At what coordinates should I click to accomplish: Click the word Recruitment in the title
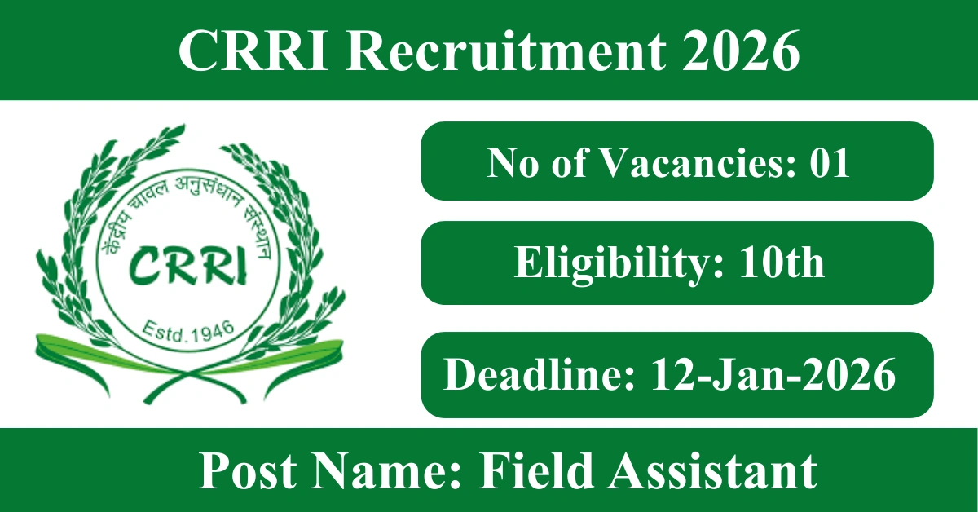tap(506, 51)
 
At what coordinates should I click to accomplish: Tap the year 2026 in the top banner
tap(741, 51)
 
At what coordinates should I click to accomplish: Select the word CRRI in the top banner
tap(253, 51)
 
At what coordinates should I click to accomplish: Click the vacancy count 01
tap(830, 162)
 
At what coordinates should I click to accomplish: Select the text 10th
tap(782, 263)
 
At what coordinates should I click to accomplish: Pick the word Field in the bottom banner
tap(537, 472)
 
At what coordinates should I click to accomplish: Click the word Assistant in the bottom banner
tap(714, 472)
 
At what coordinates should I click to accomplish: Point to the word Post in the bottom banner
tap(248, 472)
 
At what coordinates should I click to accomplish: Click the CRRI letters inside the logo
tap(188, 266)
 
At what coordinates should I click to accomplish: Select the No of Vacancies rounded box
tap(677, 161)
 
